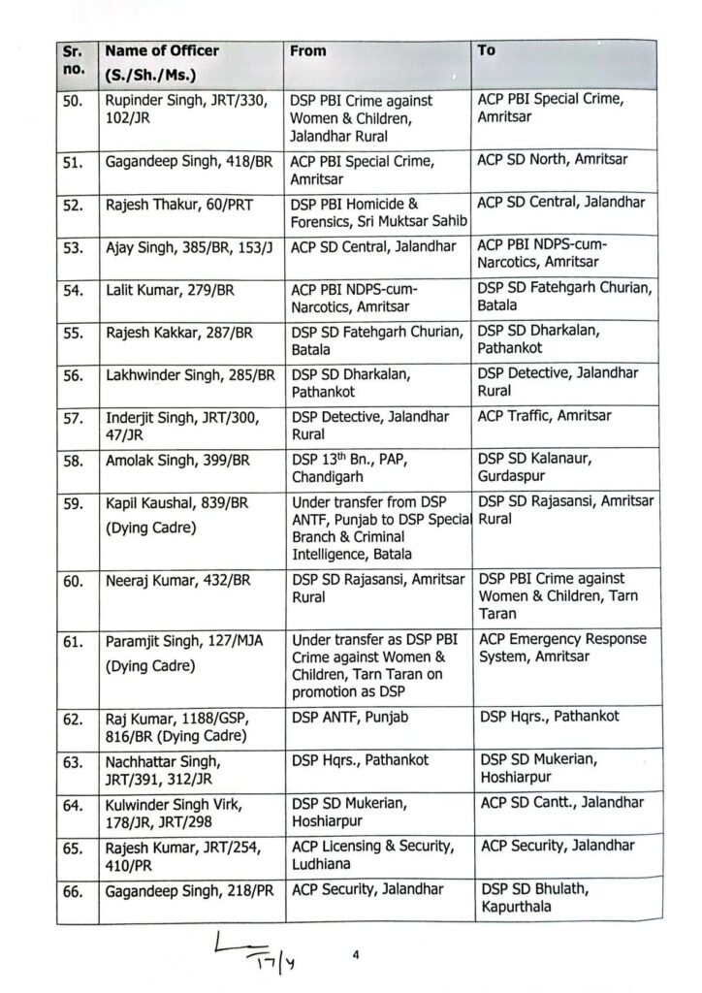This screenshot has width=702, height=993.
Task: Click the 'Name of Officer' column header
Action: [x=162, y=50]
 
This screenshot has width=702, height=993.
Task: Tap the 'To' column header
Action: [x=487, y=49]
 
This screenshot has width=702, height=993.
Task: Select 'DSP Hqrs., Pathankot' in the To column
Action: [x=551, y=718]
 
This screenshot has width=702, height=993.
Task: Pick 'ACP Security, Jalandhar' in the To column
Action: [x=558, y=846]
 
